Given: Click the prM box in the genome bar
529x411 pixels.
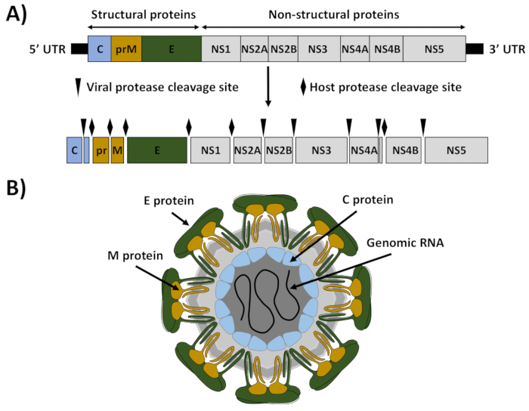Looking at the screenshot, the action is (126, 49).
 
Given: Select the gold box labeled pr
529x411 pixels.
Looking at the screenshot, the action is (101, 150).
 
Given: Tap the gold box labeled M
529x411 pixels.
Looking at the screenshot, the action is (117, 150).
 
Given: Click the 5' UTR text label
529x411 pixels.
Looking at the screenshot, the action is (48, 50).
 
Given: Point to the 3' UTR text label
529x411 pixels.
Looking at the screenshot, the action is (507, 50).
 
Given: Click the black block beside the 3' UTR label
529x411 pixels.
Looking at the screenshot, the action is (475, 49).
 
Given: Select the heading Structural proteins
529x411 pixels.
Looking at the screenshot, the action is (144, 15).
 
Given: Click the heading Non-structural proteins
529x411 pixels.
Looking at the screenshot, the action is (334, 15).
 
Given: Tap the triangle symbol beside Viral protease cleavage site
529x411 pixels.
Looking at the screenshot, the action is (79, 88).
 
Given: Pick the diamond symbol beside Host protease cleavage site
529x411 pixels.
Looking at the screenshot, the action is (303, 87).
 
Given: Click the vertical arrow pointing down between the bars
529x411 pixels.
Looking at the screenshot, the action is (268, 87).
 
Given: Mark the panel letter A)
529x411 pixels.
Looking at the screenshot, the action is (16, 14).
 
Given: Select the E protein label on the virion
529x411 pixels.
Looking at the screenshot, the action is (169, 201).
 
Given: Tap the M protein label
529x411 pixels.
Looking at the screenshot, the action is (135, 256).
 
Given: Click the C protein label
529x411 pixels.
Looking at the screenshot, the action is (368, 199).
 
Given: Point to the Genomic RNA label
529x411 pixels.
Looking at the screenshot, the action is (405, 243).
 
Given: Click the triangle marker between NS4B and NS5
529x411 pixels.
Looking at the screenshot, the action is (423, 127).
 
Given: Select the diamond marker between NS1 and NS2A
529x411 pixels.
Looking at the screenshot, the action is (231, 127).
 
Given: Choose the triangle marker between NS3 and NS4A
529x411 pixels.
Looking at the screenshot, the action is (349, 127).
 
